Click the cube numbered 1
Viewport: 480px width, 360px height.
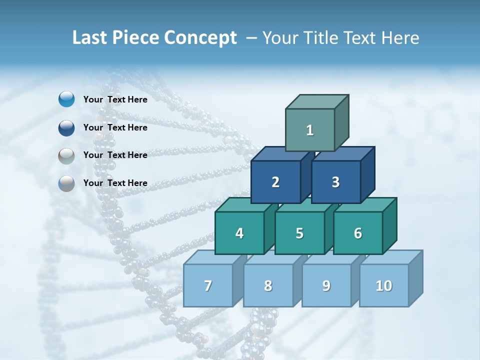click(x=310, y=130)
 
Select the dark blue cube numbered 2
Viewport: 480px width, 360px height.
click(x=275, y=182)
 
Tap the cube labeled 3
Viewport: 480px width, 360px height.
click(x=335, y=182)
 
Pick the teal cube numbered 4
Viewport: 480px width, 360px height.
click(x=239, y=233)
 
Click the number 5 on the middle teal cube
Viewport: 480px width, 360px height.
click(x=299, y=233)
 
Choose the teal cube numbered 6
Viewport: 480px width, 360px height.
click(x=357, y=233)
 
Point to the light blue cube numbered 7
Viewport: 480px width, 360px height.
click(x=208, y=286)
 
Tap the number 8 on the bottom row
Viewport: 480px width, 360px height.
click(x=268, y=286)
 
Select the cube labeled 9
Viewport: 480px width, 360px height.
click(x=326, y=286)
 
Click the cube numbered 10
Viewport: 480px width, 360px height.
click(x=383, y=286)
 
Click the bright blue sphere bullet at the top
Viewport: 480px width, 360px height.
click(x=66, y=99)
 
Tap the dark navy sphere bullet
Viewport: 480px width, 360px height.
click(x=66, y=127)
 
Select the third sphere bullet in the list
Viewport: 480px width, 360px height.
click(x=66, y=155)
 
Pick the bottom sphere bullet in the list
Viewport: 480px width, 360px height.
click(x=66, y=183)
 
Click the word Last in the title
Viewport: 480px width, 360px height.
click(x=89, y=38)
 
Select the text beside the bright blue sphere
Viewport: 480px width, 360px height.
click(x=115, y=99)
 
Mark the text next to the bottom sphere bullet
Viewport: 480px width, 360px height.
click(x=115, y=183)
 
